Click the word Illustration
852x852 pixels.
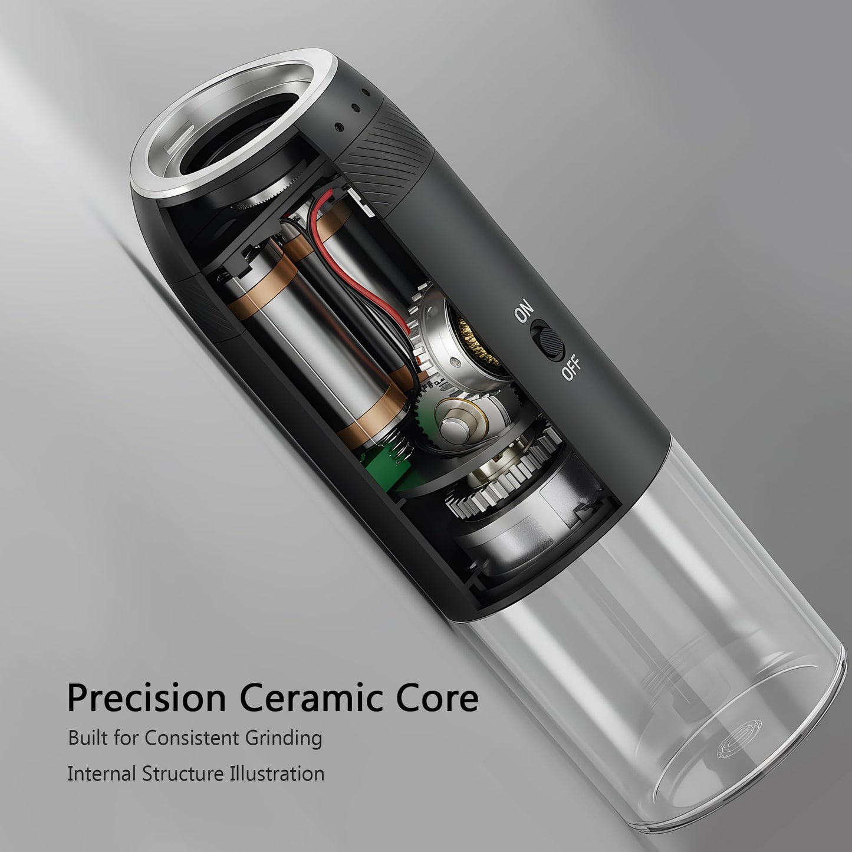point(277,774)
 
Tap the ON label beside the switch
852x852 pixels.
point(524,311)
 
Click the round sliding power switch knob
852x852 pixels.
point(552,342)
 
